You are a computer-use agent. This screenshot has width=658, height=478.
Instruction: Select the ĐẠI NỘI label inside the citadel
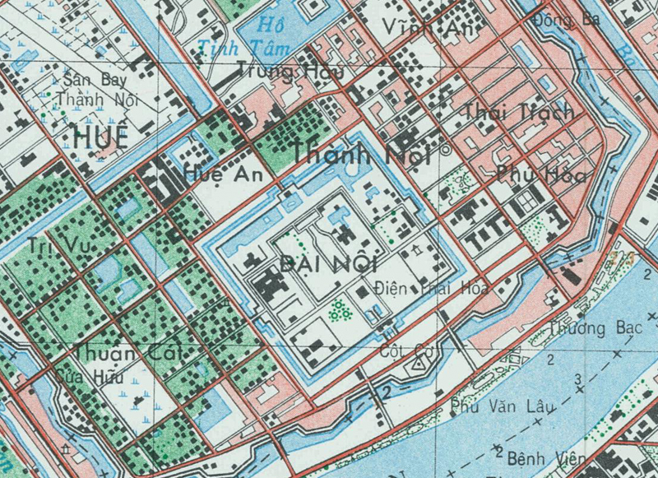[x=316, y=263]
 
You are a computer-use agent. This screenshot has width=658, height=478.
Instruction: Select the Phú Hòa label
[x=532, y=174]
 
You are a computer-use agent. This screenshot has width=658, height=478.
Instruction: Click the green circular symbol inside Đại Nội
[x=337, y=311]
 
